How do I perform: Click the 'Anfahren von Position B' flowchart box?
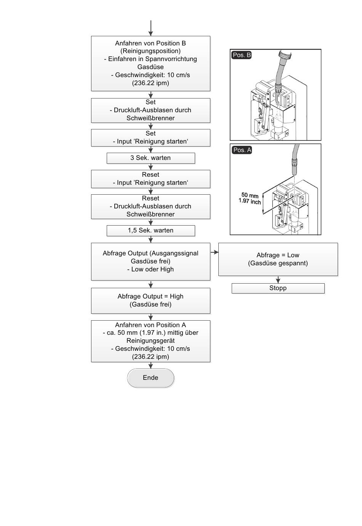(151, 63)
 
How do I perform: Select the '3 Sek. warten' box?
(151, 158)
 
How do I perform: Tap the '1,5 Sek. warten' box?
(151, 231)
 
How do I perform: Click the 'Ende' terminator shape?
(151, 378)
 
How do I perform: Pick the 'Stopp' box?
(278, 288)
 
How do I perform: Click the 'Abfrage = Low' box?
(278, 259)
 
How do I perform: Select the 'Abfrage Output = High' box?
(151, 300)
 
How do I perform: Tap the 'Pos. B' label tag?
(242, 55)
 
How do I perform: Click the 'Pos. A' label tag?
(242, 150)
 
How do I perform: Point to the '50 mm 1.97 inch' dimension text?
(250, 198)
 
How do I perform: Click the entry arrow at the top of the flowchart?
(151, 28)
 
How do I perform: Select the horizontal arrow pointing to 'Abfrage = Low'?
(215, 252)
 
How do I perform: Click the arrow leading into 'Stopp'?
(278, 280)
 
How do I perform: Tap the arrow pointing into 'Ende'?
(151, 365)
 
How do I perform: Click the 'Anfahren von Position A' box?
(151, 341)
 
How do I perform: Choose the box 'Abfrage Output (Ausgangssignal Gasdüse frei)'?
(151, 261)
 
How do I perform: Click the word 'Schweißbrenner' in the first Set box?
(151, 118)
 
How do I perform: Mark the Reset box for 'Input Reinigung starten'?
(151, 179)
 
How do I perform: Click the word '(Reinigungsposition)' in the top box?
(151, 51)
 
